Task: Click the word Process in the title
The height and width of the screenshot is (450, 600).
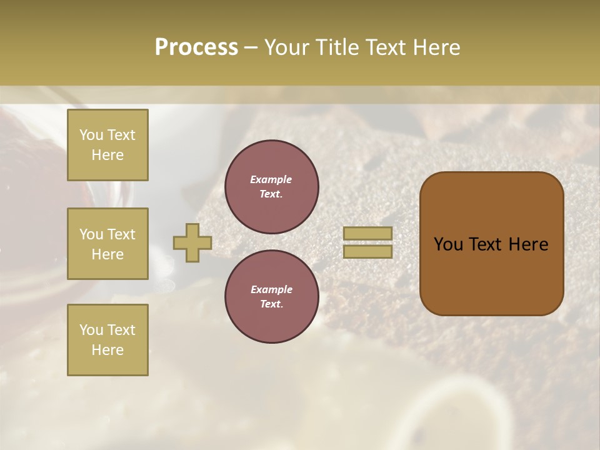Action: (196, 47)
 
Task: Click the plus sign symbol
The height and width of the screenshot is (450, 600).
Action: (192, 242)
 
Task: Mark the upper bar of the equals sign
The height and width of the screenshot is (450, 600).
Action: (367, 234)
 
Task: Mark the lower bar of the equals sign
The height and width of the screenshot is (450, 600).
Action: (367, 251)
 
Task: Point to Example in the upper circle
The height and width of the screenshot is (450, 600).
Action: (271, 179)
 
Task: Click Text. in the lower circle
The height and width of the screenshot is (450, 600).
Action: (271, 304)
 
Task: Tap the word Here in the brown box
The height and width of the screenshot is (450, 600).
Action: (528, 244)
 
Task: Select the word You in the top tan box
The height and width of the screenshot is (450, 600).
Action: (90, 135)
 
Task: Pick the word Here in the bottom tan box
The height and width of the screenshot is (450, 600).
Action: (107, 350)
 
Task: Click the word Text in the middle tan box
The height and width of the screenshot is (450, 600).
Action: (121, 234)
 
